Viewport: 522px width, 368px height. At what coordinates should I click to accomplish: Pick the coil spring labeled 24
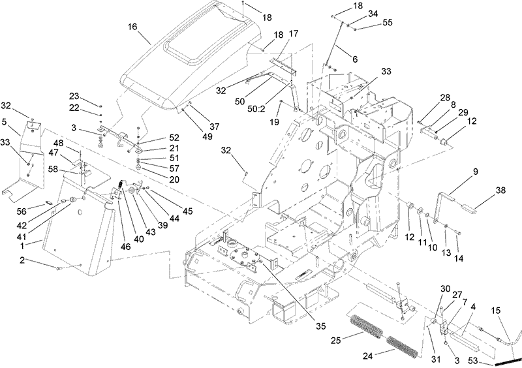403,342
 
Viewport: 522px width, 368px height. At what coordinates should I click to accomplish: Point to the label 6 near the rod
355,58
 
